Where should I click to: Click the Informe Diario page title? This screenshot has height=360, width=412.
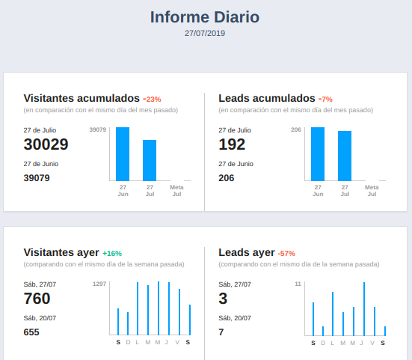[x=205, y=17]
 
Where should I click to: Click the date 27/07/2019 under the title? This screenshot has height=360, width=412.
[x=205, y=33]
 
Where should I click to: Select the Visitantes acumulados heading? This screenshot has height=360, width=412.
[x=82, y=98]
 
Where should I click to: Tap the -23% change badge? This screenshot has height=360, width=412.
[x=152, y=99]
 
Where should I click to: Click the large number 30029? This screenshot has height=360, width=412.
[x=46, y=144]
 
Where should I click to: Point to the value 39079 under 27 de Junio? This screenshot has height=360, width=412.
[x=37, y=178]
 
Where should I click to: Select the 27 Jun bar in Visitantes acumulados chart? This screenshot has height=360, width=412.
[x=123, y=153]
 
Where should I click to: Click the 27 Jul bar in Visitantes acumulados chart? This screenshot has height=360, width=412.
[x=150, y=160]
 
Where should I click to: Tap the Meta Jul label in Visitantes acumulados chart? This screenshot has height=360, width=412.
[x=176, y=190]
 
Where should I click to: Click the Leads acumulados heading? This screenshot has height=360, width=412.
[x=267, y=98]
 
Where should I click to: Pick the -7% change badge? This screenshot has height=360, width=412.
[x=325, y=99]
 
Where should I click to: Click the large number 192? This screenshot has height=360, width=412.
[x=232, y=144]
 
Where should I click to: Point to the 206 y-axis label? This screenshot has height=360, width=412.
[x=296, y=130]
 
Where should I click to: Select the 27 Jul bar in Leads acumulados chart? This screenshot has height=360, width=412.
[x=345, y=156]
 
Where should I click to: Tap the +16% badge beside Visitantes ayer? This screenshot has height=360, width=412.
[x=112, y=254]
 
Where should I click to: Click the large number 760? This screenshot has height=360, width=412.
[x=37, y=299]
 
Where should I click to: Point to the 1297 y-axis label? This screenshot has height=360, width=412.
[x=99, y=284]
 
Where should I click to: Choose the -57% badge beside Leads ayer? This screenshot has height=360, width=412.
[x=286, y=254]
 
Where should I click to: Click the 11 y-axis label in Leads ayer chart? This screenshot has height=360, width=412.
[x=298, y=284]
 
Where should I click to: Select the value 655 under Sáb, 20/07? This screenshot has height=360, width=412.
[x=31, y=332]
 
